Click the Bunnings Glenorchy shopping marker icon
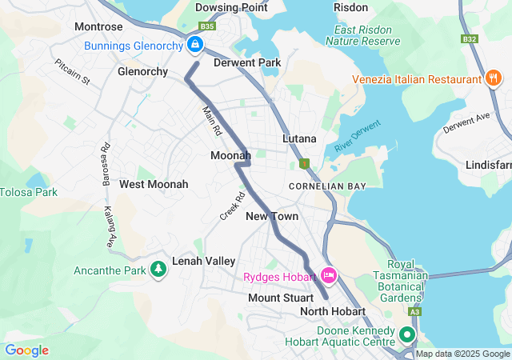(194, 45)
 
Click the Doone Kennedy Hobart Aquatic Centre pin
(406, 334)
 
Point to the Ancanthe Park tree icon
(158, 270)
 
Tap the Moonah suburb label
(230, 154)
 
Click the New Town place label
(272, 216)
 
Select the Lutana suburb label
(299, 138)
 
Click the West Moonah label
(154, 184)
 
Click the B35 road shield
(208, 26)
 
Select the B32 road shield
(469, 38)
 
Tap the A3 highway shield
(414, 311)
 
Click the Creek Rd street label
(232, 206)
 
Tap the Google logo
(26, 350)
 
